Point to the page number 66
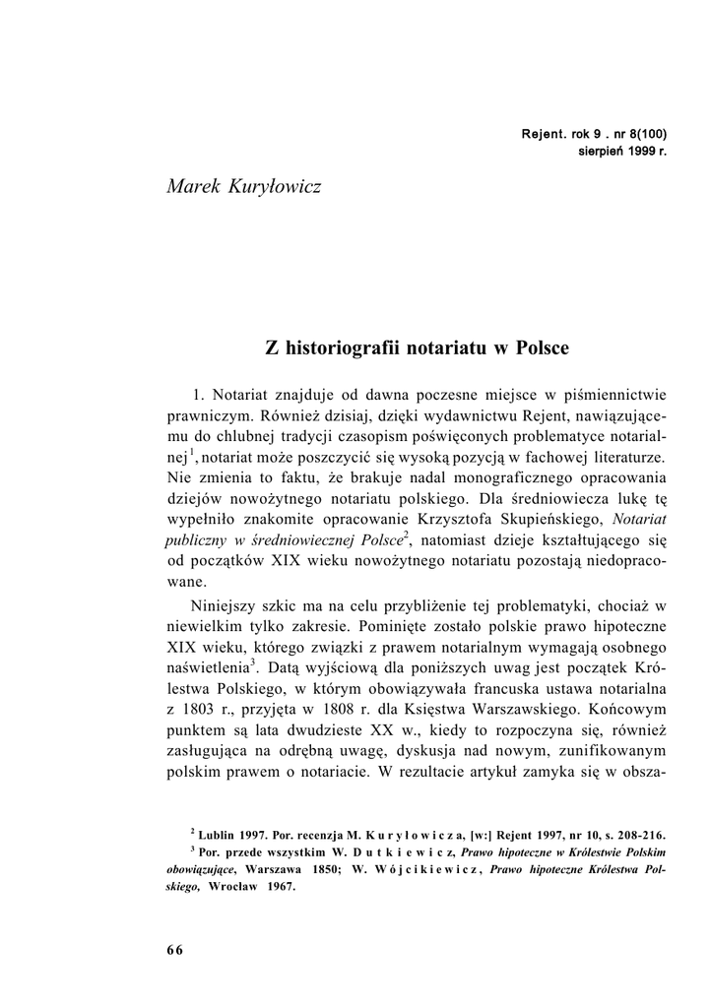pos(174,949)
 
